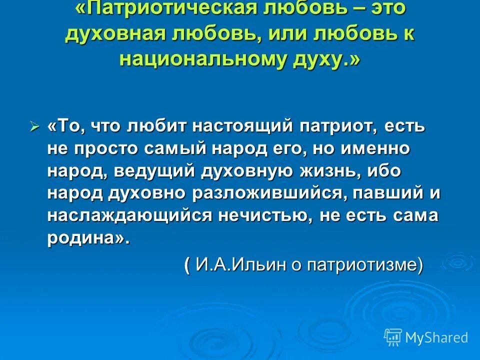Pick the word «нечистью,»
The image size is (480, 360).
click(265, 216)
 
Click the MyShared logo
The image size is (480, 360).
click(425, 337)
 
